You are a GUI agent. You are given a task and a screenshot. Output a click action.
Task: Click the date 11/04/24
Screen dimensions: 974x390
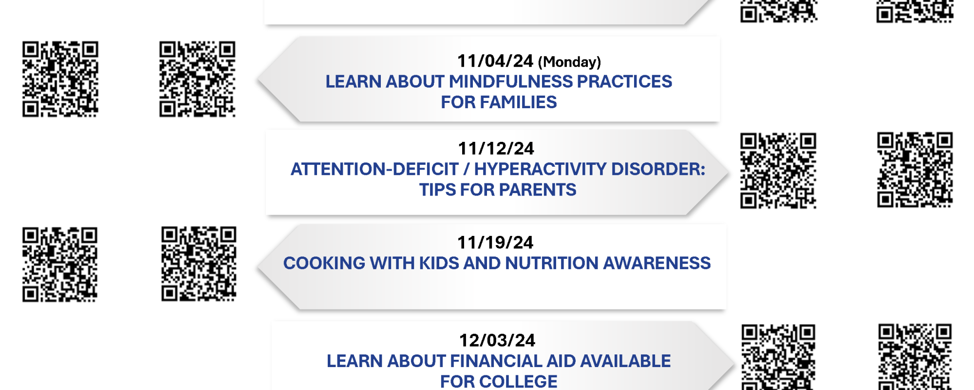tap(495, 61)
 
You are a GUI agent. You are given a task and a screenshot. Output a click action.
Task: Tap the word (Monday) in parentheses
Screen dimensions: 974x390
tap(569, 62)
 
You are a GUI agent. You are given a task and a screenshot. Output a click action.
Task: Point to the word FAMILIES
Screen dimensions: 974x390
tap(518, 102)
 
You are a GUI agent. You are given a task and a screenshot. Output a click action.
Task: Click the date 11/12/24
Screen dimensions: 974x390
tap(496, 148)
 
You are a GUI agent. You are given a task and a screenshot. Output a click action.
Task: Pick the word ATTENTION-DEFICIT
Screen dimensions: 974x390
tap(375, 169)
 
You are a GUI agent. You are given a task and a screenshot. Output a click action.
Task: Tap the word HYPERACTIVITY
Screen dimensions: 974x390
tap(541, 169)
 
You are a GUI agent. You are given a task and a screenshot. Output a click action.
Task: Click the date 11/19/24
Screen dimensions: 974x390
tap(495, 242)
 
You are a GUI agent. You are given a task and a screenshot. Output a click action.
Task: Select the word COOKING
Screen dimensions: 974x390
tap(324, 263)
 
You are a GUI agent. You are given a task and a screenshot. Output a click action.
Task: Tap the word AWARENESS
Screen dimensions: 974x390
tap(657, 263)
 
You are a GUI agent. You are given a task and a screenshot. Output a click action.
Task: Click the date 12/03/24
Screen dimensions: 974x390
tap(497, 340)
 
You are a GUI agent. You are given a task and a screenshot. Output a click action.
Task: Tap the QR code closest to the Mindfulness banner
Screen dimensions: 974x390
tap(197, 79)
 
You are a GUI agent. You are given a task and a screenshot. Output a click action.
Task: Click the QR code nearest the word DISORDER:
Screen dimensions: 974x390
tap(778, 171)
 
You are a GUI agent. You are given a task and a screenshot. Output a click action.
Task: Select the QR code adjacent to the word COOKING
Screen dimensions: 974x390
tap(199, 264)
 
